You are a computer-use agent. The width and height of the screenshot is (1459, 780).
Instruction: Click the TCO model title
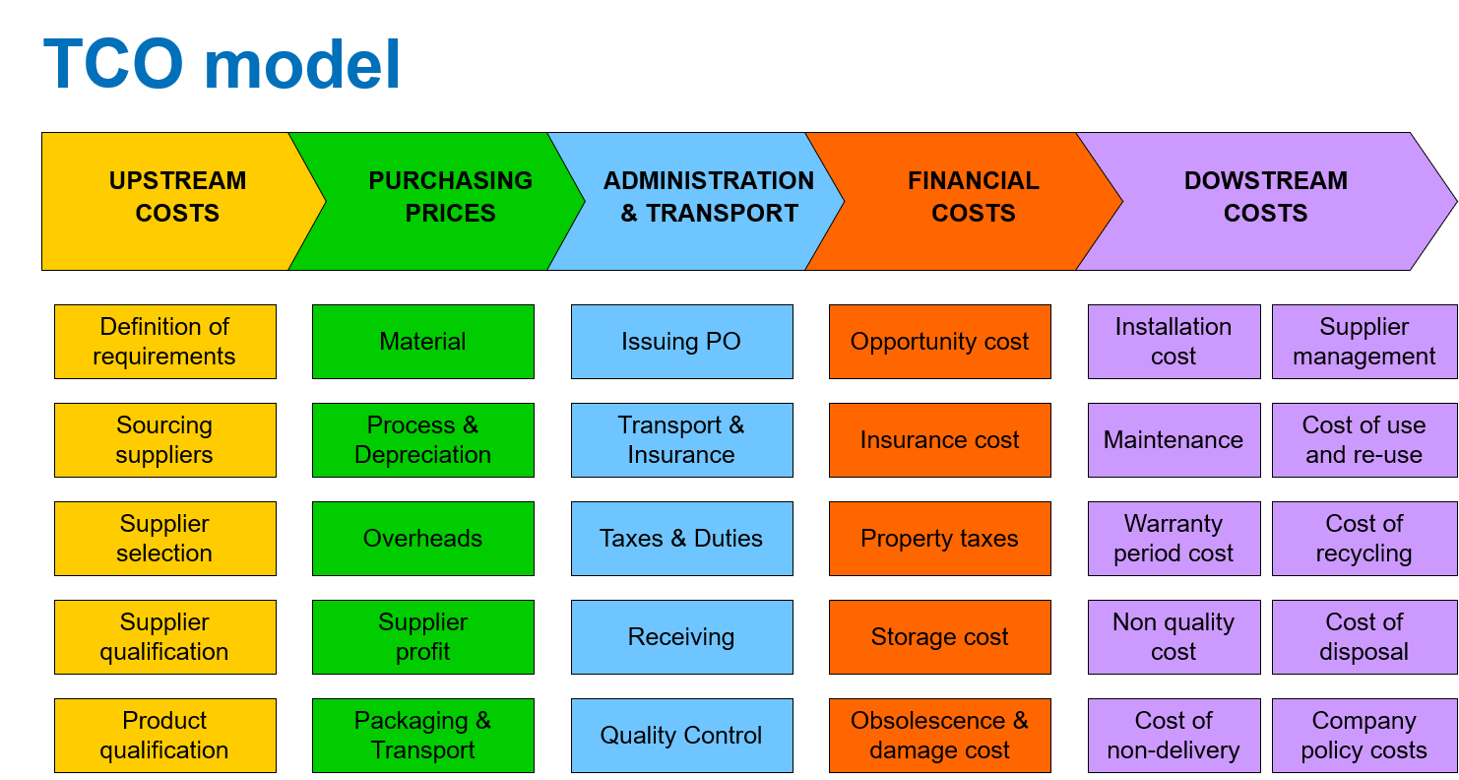(221, 65)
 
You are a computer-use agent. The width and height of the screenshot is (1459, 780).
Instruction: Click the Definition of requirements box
(164, 342)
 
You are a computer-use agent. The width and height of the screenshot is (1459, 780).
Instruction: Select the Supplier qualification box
(164, 637)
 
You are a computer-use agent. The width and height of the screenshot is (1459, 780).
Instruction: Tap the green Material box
(423, 342)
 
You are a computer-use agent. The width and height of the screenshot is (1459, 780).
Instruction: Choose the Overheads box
(423, 539)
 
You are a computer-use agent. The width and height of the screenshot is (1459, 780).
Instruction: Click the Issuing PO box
(681, 342)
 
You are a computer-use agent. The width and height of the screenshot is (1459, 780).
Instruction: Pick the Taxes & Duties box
(681, 539)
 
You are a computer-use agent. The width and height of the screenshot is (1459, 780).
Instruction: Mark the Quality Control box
(681, 736)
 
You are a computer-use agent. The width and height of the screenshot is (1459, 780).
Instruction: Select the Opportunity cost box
(940, 342)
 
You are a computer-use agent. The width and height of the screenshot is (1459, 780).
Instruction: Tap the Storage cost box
(940, 637)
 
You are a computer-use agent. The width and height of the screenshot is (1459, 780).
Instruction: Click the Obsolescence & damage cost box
(940, 736)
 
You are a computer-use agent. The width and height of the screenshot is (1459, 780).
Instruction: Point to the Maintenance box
(1174, 440)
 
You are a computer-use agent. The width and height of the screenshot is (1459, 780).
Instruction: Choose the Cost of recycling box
(1364, 539)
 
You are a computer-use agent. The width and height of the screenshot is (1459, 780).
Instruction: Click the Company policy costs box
(1364, 736)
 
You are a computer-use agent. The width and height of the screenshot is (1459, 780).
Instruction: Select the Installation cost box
(1174, 342)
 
